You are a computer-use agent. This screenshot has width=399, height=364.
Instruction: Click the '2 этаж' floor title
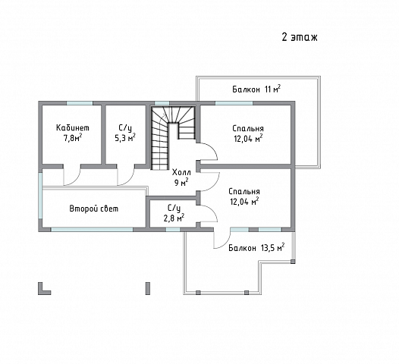coord(300,37)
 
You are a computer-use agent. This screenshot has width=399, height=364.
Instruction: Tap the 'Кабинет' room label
coord(73,127)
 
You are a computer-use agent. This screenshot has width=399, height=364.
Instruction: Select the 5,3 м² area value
coord(125,137)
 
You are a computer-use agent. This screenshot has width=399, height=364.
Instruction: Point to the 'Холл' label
coord(181,172)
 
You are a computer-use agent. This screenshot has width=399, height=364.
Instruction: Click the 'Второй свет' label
coord(94,209)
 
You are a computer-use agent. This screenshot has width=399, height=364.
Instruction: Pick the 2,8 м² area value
coord(174,218)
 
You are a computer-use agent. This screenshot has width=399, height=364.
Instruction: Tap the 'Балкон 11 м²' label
coord(256,89)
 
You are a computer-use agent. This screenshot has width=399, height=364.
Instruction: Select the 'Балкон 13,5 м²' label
coord(256,247)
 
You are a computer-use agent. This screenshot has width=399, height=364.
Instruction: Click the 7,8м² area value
coord(73,138)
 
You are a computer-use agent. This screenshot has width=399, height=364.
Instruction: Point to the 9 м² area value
coord(181,183)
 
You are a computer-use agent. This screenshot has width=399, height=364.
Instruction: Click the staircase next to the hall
coord(173,137)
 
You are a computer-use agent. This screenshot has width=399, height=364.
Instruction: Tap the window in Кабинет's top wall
coord(80,103)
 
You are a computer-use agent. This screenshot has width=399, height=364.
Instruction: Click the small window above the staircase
coord(162,103)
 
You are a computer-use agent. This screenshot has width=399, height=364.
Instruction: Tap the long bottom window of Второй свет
coord(92,230)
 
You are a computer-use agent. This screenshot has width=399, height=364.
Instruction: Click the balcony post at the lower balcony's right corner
coord(293,261)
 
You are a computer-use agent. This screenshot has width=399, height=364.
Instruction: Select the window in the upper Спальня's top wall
coord(234,103)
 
